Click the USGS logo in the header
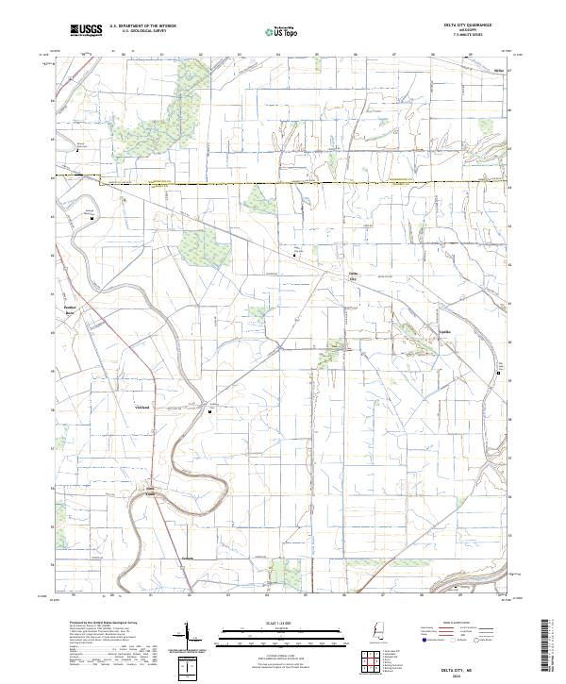[86, 30]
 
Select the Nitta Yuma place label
[149, 492]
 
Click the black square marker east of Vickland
[210, 410]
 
